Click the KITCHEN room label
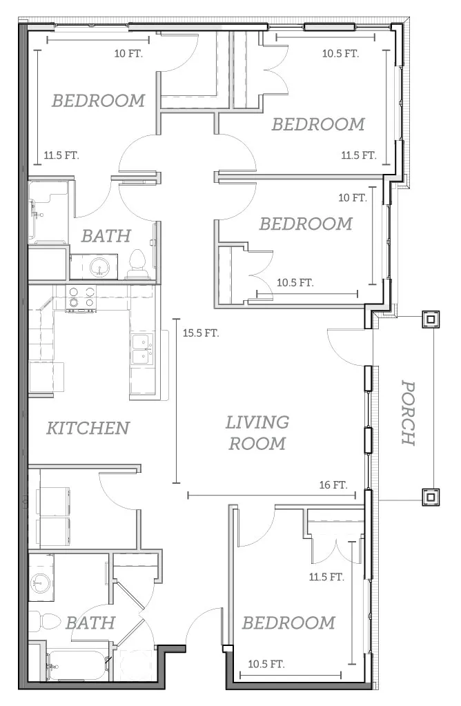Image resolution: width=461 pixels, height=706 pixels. click(88, 428)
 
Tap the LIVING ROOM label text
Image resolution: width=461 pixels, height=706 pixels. click(257, 433)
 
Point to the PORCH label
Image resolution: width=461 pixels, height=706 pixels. click(409, 413)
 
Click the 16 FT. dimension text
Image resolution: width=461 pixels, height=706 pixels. click(333, 485)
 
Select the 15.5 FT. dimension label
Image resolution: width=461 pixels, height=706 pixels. click(201, 333)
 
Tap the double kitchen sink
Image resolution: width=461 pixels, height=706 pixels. click(142, 349)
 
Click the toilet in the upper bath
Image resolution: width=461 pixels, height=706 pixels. click(137, 264)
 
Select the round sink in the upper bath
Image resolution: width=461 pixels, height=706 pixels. click(99, 268)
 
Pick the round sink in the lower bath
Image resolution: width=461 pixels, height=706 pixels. click(39, 584)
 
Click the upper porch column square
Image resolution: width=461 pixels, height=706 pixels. click(431, 320)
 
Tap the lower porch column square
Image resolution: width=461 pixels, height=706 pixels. click(431, 497)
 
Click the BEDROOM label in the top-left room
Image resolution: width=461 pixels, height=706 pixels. click(99, 100)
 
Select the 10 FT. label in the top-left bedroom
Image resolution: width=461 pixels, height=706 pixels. click(129, 54)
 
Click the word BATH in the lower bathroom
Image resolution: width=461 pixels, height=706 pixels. click(90, 623)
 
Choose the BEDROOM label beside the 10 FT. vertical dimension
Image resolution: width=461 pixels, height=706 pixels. click(306, 224)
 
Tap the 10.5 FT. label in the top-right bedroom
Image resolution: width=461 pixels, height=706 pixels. click(340, 54)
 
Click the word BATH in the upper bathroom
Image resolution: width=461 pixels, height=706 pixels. click(106, 236)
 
